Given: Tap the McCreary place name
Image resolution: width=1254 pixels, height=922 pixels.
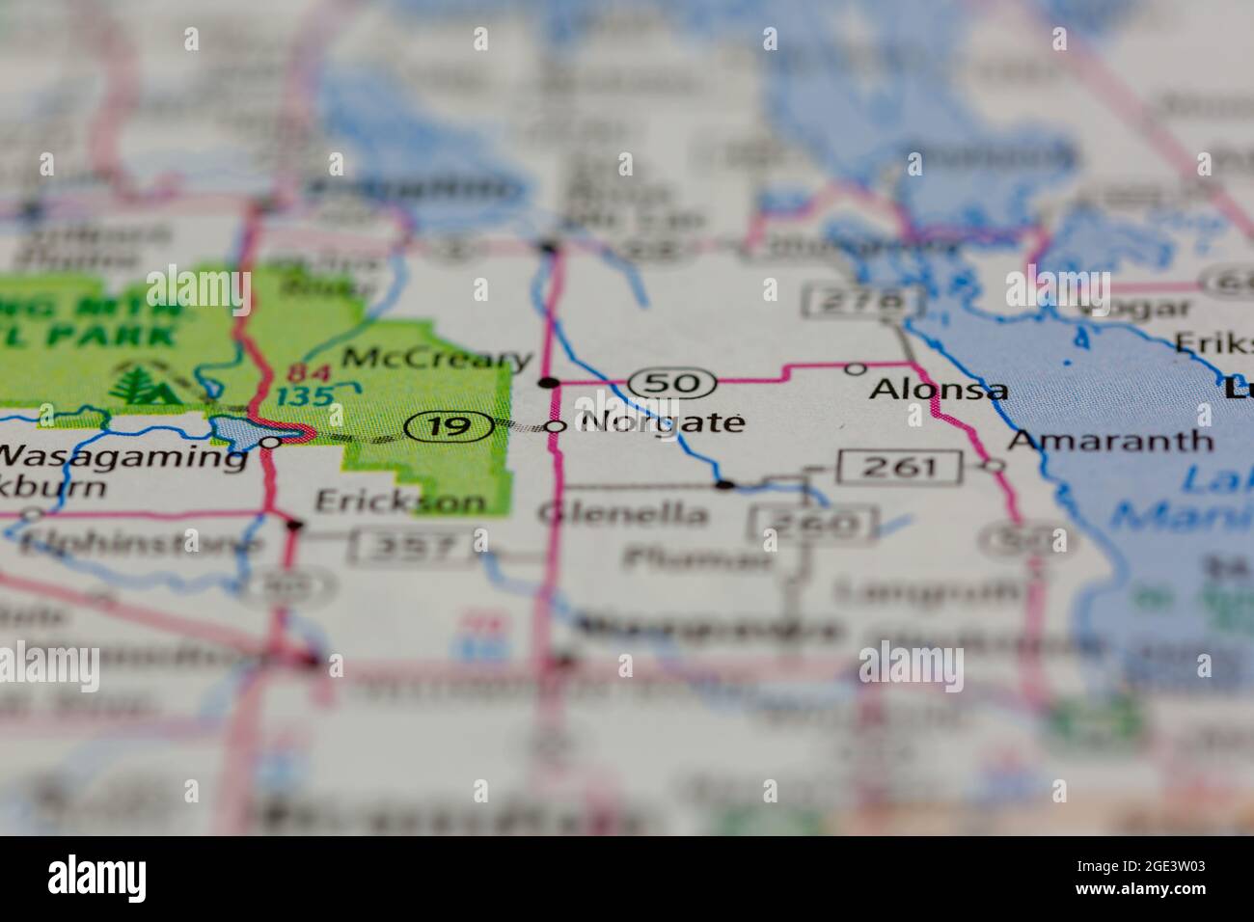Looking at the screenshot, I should point(438,358).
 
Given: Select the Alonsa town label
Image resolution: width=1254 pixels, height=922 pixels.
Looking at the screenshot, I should point(939,390).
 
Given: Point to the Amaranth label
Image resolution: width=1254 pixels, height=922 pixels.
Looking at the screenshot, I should point(1110,441).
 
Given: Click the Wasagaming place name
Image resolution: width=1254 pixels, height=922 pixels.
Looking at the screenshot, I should point(123,455).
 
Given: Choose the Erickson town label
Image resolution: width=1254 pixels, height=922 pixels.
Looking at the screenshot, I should point(401,502).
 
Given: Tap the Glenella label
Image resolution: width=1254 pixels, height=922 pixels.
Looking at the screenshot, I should point(622,513).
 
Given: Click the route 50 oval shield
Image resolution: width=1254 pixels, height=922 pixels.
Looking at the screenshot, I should point(671,383).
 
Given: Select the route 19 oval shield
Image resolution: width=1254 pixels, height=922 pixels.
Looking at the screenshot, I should point(450,425).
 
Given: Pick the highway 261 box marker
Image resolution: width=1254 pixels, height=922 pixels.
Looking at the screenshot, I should point(900,468).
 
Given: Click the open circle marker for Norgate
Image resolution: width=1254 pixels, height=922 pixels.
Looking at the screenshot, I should point(556,425).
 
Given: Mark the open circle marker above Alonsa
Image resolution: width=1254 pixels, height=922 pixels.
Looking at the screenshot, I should point(855,368).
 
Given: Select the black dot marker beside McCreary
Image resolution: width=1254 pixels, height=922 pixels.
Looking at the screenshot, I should point(549,383).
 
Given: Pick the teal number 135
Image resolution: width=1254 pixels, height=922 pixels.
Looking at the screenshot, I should point(305,395).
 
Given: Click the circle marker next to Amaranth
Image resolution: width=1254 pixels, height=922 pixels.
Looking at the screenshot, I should point(994,465).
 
